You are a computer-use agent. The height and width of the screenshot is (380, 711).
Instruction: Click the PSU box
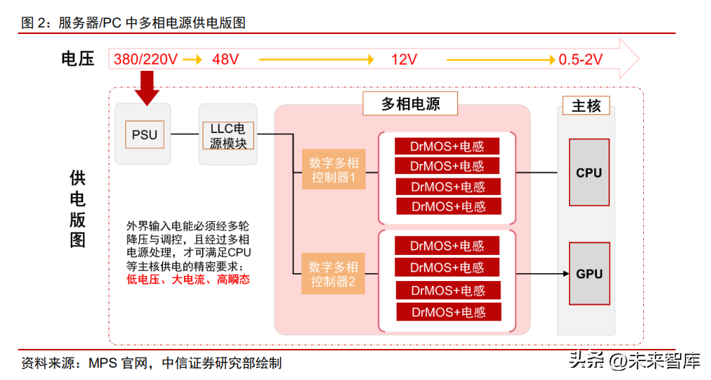(x=145, y=134)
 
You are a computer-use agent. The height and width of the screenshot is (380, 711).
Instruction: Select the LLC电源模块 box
(x=228, y=135)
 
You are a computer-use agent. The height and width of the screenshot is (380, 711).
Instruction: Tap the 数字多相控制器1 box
(x=334, y=169)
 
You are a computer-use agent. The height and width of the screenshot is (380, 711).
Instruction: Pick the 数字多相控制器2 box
(x=333, y=273)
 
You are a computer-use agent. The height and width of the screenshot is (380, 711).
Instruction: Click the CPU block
(x=589, y=172)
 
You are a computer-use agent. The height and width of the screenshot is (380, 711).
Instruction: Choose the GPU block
(x=589, y=274)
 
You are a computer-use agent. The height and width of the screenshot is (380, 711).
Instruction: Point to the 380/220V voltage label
(x=146, y=59)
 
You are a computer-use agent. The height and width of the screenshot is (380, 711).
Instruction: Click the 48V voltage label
(x=226, y=59)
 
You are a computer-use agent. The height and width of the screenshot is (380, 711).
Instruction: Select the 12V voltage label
(x=404, y=59)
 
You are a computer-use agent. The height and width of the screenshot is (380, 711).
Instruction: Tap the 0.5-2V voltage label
(x=580, y=59)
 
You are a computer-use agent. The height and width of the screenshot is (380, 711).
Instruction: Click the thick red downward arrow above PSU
(x=147, y=88)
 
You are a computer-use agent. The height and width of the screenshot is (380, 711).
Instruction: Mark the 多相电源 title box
(x=410, y=103)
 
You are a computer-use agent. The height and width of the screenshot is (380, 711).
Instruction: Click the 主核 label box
(x=586, y=105)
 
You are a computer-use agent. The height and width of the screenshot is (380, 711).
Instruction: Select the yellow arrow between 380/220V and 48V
(x=193, y=59)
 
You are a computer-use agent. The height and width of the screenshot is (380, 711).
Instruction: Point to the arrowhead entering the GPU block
(x=566, y=274)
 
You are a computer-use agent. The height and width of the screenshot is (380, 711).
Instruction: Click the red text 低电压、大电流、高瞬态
(x=188, y=279)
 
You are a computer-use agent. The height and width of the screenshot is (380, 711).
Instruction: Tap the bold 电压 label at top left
(x=78, y=59)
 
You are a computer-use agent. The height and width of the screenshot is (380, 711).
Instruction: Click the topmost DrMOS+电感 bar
(x=447, y=147)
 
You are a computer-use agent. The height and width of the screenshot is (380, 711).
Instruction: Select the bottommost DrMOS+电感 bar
(x=449, y=312)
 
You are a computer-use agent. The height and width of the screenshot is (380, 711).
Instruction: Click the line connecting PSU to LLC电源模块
(x=185, y=134)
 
